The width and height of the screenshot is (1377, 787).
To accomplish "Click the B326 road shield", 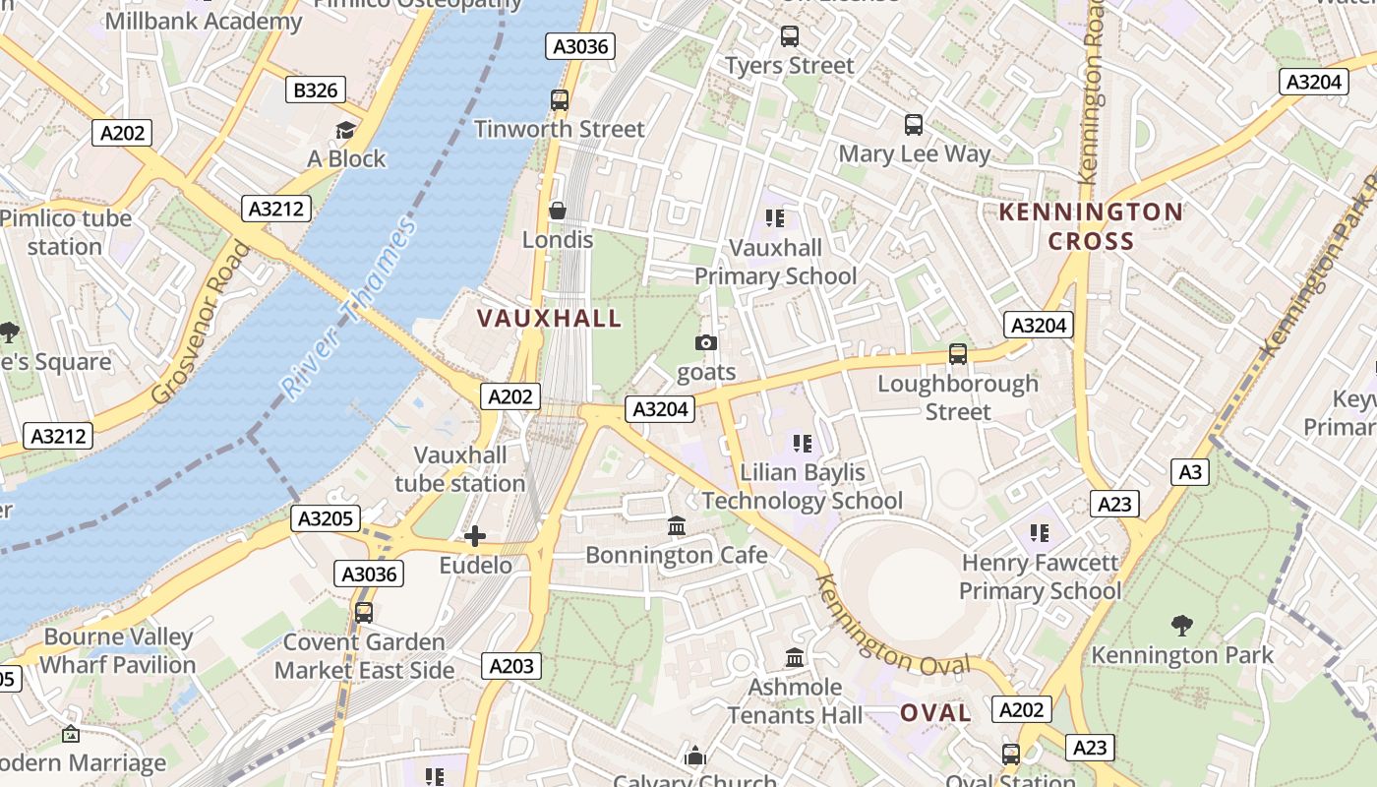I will [x=316, y=91].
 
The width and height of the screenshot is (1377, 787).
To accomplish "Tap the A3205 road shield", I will [x=326, y=518].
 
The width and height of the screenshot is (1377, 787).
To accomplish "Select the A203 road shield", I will [x=511, y=666].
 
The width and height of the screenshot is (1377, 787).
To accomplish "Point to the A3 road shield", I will [x=1190, y=472].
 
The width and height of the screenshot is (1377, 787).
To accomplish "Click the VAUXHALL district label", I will [x=550, y=318].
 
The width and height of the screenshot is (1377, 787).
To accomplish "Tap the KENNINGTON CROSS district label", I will [x=1091, y=226].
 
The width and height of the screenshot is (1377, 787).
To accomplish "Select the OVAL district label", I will [x=935, y=713].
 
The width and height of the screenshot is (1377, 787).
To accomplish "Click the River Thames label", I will [x=349, y=310].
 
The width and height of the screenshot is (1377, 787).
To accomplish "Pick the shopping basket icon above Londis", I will [x=558, y=211].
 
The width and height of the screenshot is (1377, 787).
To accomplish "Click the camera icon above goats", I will [x=706, y=342].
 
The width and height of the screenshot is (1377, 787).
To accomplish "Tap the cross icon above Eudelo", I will [x=475, y=535].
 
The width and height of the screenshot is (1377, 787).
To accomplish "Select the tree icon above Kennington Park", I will [x=1182, y=625].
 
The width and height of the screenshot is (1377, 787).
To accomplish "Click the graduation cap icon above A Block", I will [x=345, y=130].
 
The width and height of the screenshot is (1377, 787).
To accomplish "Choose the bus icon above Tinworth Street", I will [x=559, y=99].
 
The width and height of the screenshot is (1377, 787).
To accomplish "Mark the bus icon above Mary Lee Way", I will [x=914, y=125].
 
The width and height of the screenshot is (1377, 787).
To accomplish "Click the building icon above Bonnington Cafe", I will [x=677, y=526].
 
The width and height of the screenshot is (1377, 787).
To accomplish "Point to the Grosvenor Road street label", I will [x=203, y=323].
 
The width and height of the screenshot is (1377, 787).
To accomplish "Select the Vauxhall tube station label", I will [x=460, y=469].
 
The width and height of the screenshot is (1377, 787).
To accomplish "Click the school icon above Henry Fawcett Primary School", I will [x=1040, y=533].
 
